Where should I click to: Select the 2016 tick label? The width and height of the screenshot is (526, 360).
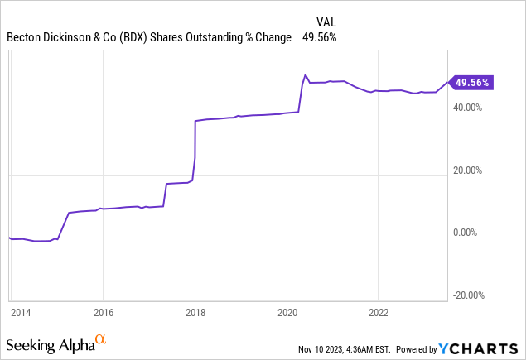(104, 313)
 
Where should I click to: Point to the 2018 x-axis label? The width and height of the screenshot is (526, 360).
(195, 313)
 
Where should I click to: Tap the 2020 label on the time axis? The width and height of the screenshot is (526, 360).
(287, 313)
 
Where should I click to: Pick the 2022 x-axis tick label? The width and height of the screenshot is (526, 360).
(378, 313)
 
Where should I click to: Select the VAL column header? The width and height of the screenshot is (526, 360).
(326, 22)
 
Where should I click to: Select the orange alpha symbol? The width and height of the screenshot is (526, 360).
(100, 340)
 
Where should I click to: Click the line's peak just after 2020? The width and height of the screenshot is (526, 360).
(306, 74)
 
